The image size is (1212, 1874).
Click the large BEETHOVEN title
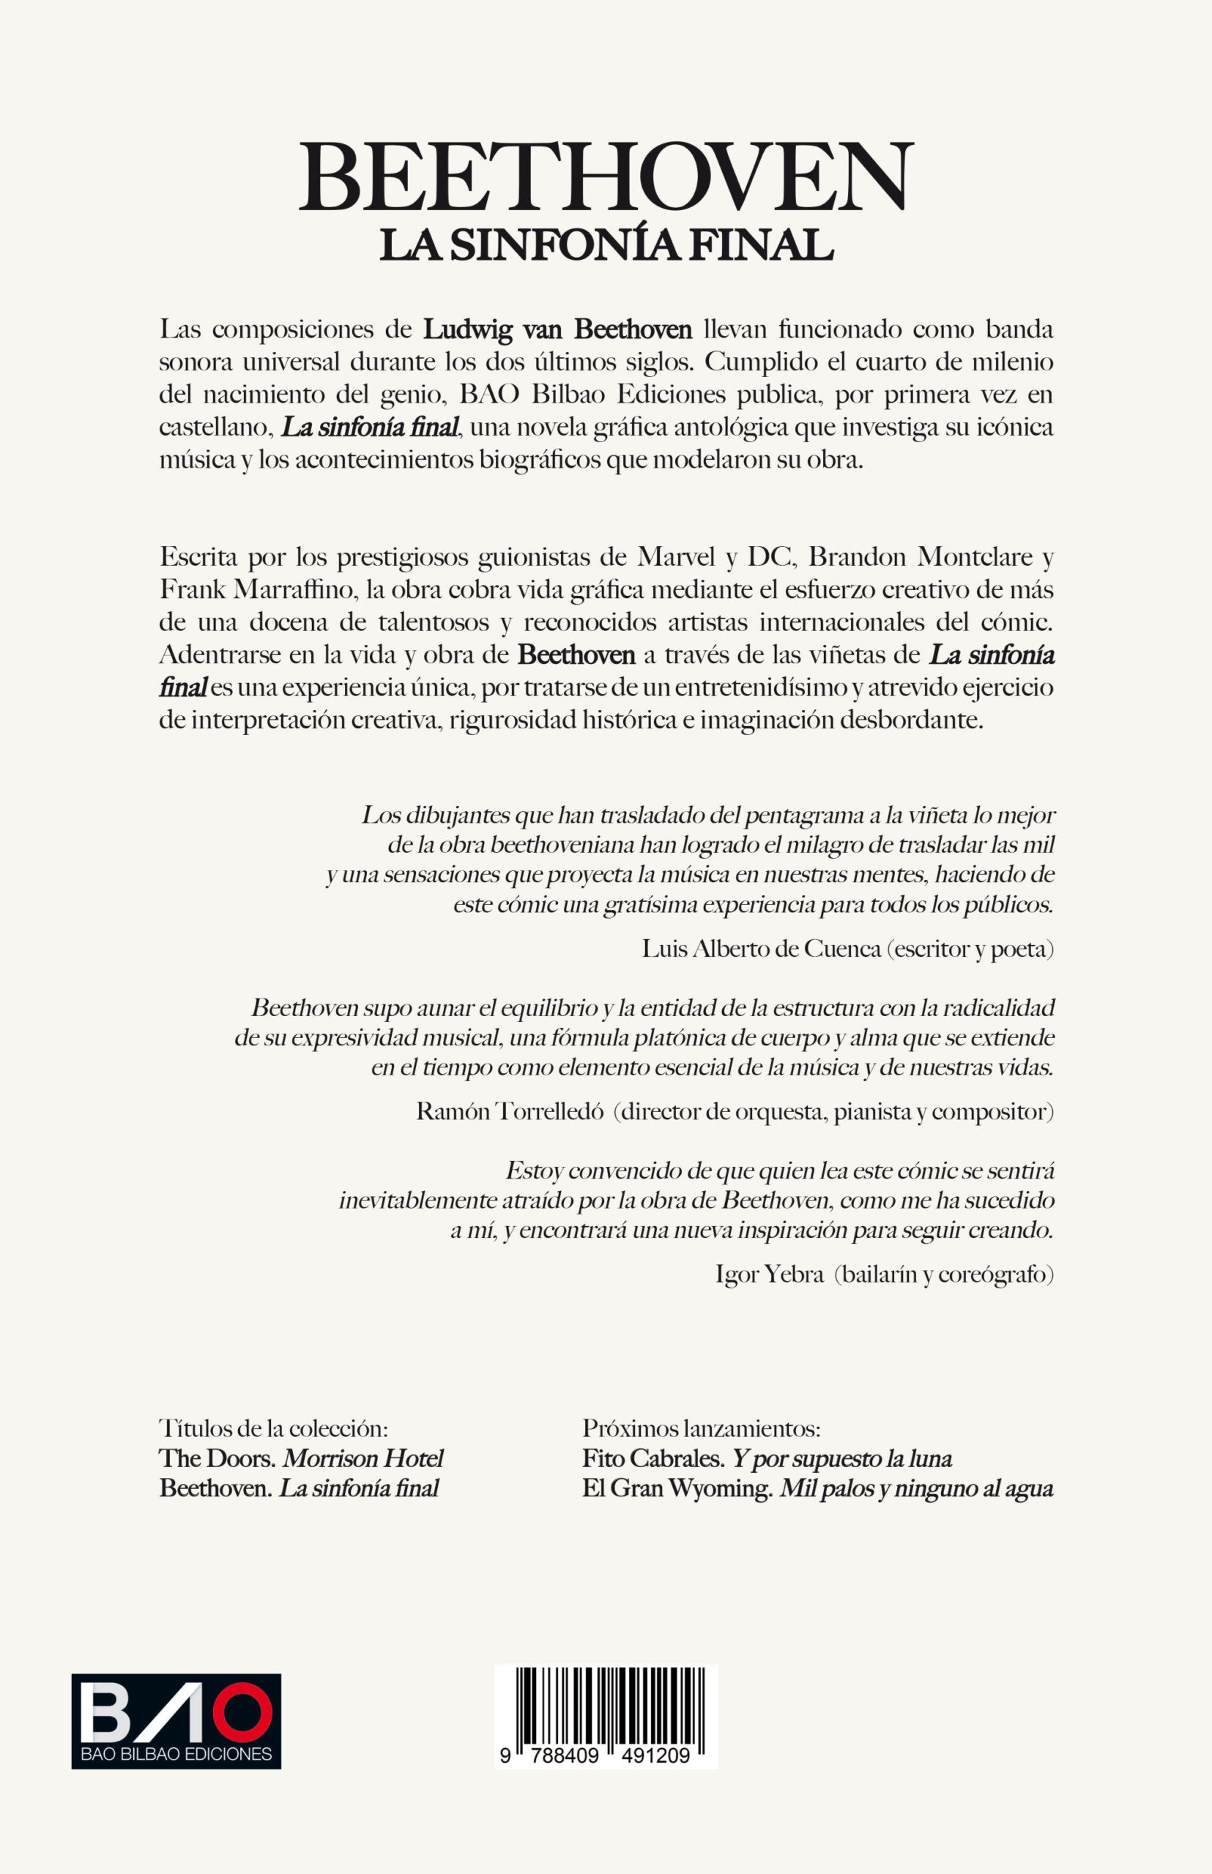pos(606,177)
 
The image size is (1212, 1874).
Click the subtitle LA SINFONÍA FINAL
pos(606,244)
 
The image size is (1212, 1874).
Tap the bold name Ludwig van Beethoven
pos(557,329)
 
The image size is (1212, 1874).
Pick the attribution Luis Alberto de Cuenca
pos(761,949)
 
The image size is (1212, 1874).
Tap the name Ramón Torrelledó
pos(509,1112)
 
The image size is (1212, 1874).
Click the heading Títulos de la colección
pos(274,1428)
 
